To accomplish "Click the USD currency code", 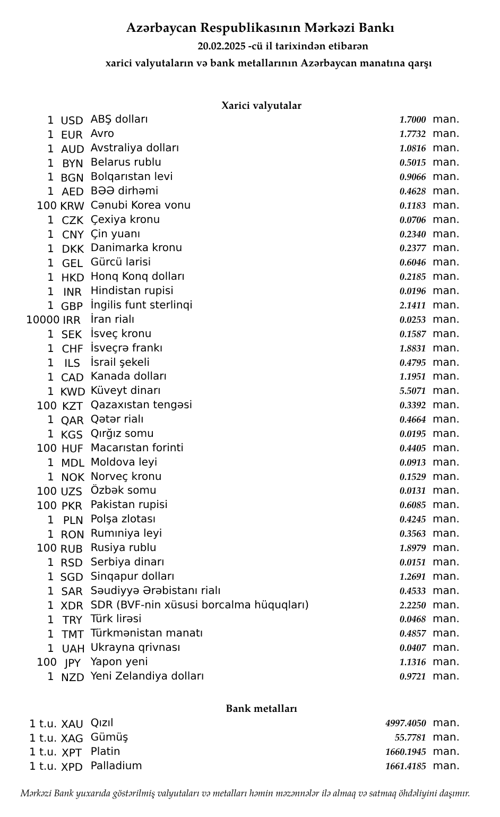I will [72, 121].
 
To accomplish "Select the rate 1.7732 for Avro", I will [412, 134].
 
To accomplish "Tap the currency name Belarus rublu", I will [126, 162].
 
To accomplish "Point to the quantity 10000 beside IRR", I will [42, 320].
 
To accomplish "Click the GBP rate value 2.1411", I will [412, 306].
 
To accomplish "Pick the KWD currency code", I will [73, 392].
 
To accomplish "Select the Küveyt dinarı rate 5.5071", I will [412, 392].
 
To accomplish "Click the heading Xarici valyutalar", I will [261, 106].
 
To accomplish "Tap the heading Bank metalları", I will [261, 709].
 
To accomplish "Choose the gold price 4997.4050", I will [406, 724].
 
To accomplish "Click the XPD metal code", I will [72, 767].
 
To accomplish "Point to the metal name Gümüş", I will [109, 737].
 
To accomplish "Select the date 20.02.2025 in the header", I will [221, 46].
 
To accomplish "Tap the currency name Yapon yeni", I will [119, 662].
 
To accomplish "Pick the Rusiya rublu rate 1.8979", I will [412, 548].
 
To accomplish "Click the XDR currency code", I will [72, 606].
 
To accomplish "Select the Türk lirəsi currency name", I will [116, 619].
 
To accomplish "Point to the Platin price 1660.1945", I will [406, 752].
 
